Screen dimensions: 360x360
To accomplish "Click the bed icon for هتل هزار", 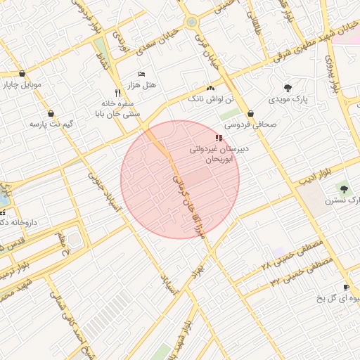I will click(x=142, y=74).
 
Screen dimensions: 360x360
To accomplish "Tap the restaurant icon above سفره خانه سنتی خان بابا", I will click(x=117, y=92).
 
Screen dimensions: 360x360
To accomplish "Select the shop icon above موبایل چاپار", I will click(x=23, y=74).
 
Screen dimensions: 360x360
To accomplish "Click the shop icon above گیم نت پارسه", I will click(x=51, y=113).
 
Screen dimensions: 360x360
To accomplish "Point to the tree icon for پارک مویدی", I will click(x=288, y=88).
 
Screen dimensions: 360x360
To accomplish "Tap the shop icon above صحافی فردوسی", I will click(x=251, y=113).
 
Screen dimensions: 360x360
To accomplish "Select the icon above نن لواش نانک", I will click(x=210, y=88).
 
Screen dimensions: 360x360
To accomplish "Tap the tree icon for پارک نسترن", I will click(x=342, y=188).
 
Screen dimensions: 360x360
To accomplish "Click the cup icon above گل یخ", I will click(x=345, y=287).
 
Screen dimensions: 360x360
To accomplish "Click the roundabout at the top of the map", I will click(x=191, y=22).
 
